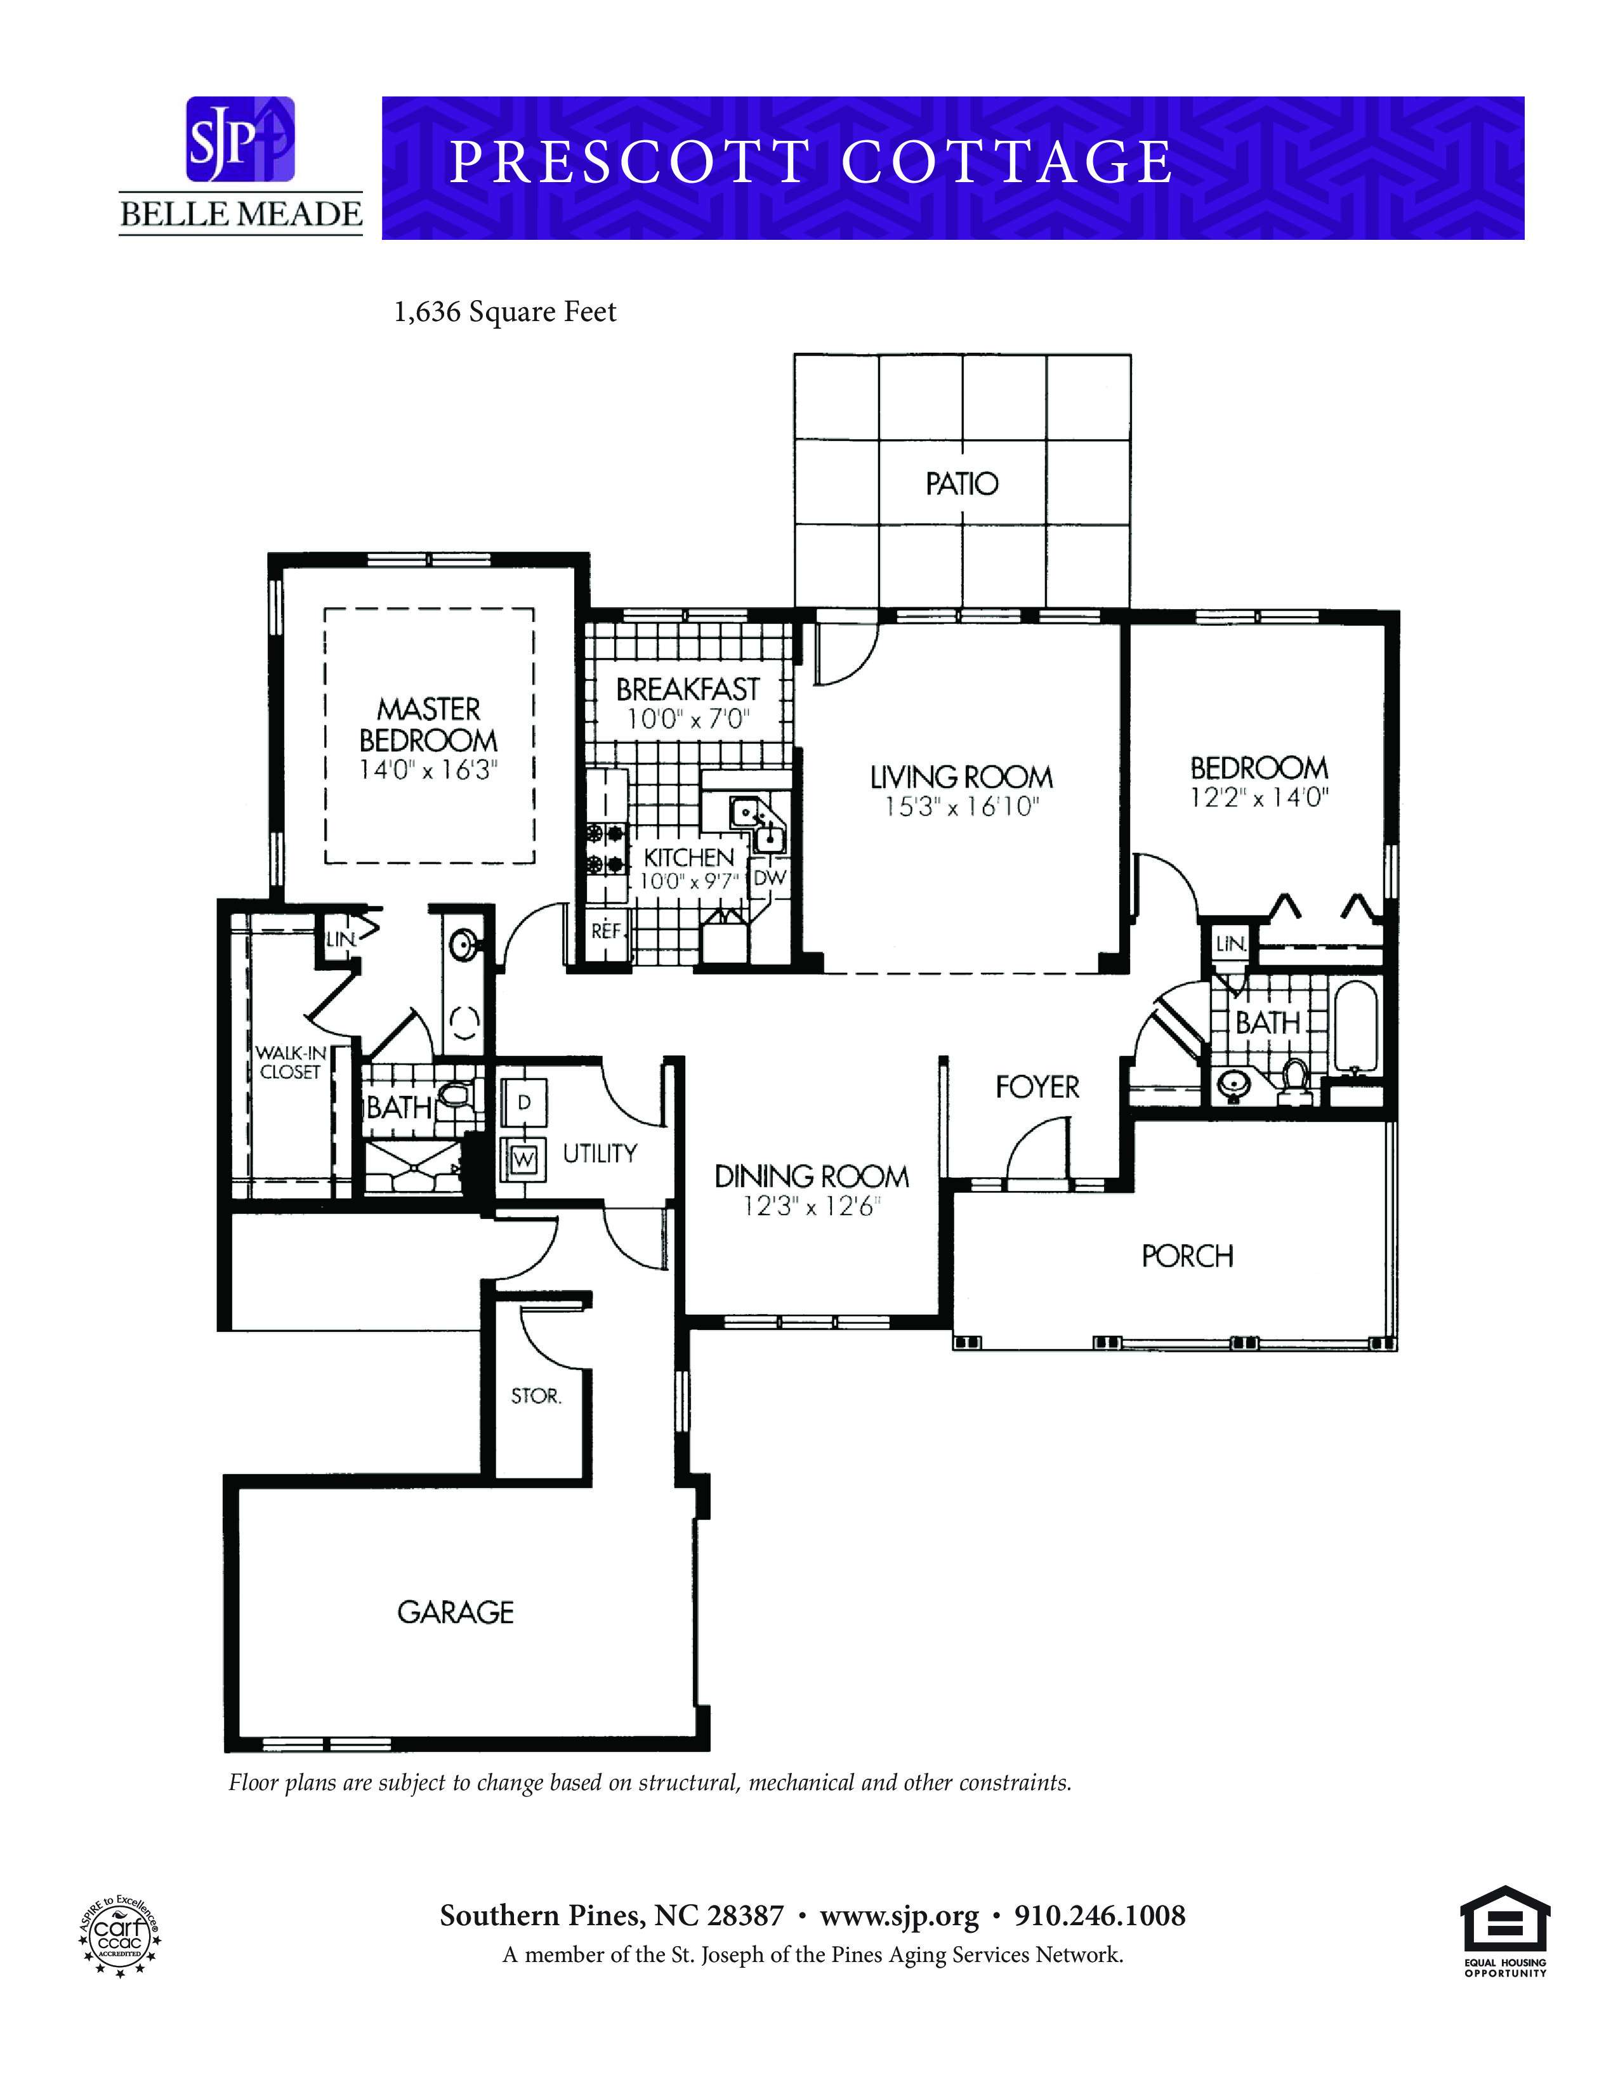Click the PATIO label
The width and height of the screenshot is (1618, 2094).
pos(961,484)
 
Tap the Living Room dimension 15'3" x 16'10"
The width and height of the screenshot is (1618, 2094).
pos(961,807)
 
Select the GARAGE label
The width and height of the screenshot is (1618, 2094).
pos(456,1612)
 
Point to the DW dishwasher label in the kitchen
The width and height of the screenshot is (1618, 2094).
pos(769,878)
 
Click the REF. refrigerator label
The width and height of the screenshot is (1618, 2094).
pos(607,930)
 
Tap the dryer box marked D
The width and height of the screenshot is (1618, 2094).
pos(523,1103)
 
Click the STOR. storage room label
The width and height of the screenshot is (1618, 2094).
pos(536,1397)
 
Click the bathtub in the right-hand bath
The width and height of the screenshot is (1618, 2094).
pos(1355,1025)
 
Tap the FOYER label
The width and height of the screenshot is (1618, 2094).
pos(1037,1086)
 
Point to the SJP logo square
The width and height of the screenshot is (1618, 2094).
pos(240,139)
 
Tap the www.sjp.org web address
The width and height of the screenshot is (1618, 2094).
pos(899,1918)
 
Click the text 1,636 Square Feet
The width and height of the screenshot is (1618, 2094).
pos(505,313)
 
